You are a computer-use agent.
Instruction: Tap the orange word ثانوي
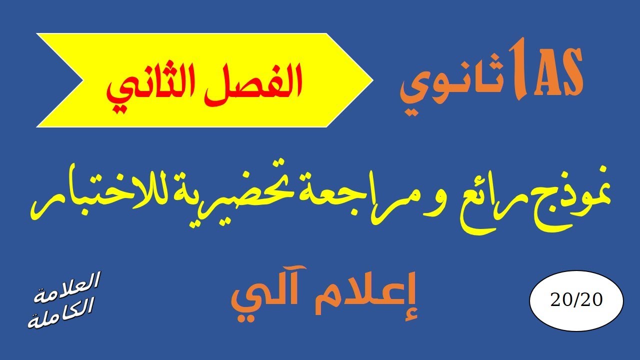pyautogui.click(x=450, y=85)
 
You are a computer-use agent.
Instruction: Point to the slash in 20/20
pyautogui.click(x=576, y=300)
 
